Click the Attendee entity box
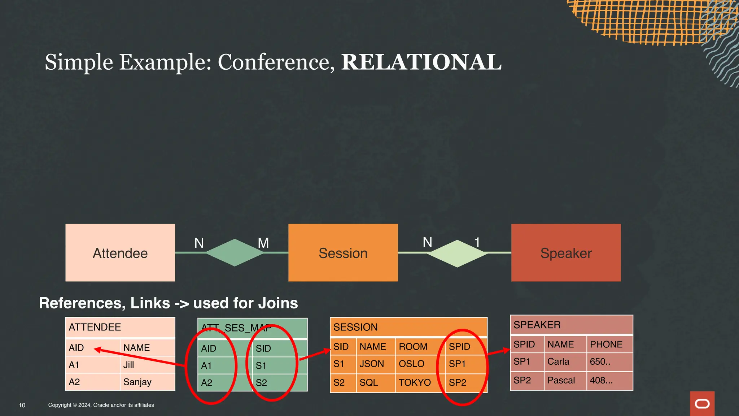tap(120, 253)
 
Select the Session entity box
tap(343, 253)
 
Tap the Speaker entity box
tap(566, 253)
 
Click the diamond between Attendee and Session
tap(235, 253)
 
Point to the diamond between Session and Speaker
tap(457, 253)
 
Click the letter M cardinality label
tap(263, 243)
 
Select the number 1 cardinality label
tap(477, 242)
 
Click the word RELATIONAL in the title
tap(421, 62)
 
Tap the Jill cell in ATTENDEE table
tap(129, 365)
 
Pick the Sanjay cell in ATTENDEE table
tap(137, 382)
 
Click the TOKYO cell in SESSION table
tap(415, 382)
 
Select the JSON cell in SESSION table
tap(372, 364)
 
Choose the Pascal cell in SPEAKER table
tap(561, 380)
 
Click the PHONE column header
tap(606, 344)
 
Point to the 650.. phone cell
tap(600, 362)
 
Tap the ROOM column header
tap(413, 347)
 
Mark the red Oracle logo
tap(702, 403)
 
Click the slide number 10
tap(22, 405)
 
